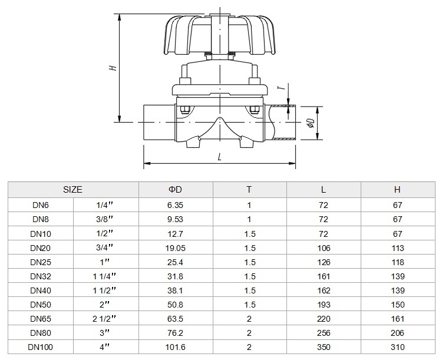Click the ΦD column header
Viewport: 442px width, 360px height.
175,190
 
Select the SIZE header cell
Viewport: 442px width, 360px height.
72,190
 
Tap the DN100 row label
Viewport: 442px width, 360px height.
40,347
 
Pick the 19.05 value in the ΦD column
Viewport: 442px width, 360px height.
175,248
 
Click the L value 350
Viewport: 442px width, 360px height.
324,347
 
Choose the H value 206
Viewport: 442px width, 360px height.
397,333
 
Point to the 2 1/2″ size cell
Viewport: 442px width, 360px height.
104,319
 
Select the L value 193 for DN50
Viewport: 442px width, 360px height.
324,305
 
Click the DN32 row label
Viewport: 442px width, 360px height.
41,276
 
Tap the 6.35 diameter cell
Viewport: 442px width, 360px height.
175,205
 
